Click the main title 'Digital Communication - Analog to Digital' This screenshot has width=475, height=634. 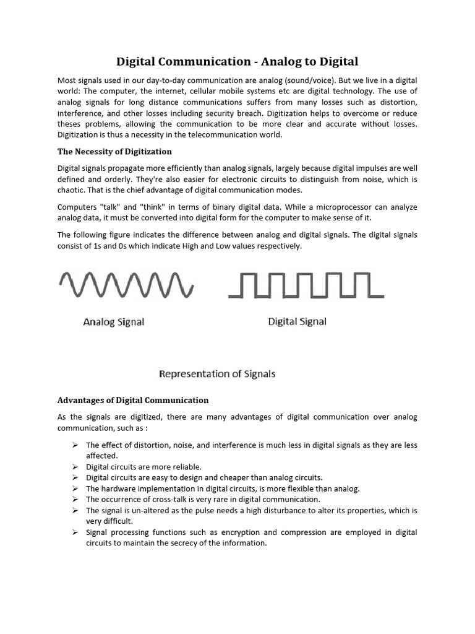237,61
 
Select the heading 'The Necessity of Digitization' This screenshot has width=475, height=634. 114,151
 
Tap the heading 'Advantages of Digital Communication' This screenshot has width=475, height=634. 133,400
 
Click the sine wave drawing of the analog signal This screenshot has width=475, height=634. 126,285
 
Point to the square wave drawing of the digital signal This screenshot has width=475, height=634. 306,285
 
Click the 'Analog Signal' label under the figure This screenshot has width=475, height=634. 114,323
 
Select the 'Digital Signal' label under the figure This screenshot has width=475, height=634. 297,321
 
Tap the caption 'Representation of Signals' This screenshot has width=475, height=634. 218,374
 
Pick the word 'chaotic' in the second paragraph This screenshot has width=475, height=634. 72,190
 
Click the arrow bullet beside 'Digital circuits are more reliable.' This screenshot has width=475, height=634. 75,466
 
